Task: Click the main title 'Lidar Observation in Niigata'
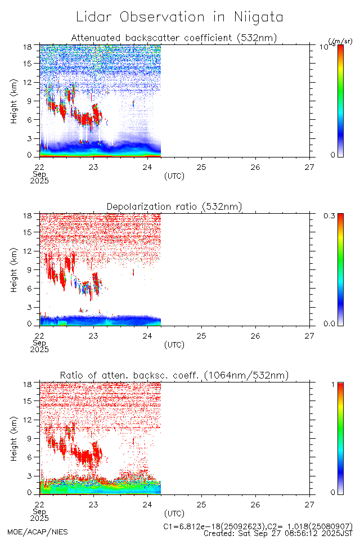[179, 17]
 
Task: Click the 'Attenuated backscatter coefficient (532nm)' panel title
[174, 38]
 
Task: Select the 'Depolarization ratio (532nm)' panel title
[174, 207]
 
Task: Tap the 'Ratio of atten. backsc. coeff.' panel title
[174, 376]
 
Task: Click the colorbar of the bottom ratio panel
[340, 438]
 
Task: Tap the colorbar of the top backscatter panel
[340, 100]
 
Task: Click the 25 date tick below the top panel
[201, 166]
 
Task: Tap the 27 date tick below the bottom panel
[309, 504]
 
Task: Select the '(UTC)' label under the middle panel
[174, 345]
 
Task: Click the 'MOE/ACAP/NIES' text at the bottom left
[37, 532]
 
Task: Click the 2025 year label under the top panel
[40, 181]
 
